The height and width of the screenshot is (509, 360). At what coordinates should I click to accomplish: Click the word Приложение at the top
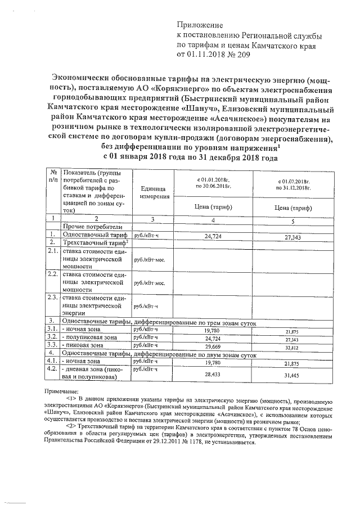click(200, 26)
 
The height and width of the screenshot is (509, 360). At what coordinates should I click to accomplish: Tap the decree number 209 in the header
click(236, 55)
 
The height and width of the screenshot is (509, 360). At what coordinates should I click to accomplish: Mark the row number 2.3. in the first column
click(52, 298)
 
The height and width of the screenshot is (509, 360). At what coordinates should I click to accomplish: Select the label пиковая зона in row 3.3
click(84, 345)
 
